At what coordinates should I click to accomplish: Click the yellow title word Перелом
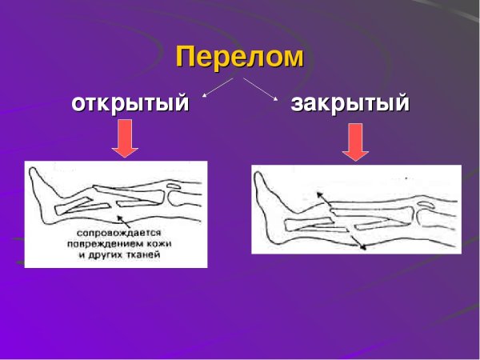pos(240,57)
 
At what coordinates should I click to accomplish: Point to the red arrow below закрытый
pos(354,145)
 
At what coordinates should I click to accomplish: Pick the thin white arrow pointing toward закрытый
pos(260,89)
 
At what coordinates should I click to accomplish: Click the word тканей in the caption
pos(144,256)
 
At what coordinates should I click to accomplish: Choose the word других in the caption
pos(110,256)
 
